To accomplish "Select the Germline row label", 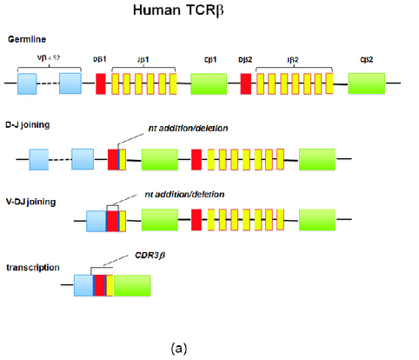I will [x=27, y=40].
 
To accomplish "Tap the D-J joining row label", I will [x=28, y=125].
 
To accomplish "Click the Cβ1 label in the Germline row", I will [x=208, y=57].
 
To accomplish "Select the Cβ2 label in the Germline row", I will [x=366, y=57].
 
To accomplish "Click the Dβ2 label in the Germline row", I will [x=245, y=57].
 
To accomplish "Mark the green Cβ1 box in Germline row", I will [x=209, y=84].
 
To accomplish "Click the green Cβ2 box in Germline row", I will [x=366, y=84].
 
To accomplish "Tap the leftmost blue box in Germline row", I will [x=27, y=84].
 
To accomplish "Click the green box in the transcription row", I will [x=132, y=286].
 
